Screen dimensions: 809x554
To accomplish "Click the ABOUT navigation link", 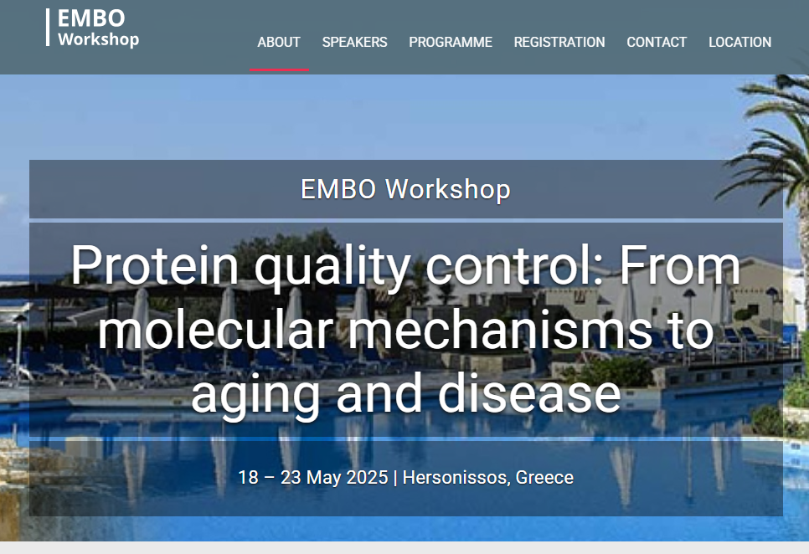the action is tap(279, 42).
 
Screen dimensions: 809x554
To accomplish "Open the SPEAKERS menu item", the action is tap(354, 42).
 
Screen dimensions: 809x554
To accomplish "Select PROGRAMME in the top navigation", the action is tap(451, 42).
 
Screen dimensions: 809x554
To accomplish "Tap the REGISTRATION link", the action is tap(559, 42).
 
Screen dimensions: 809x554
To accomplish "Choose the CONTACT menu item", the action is tap(657, 42).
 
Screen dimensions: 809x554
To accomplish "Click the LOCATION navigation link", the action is tap(739, 42).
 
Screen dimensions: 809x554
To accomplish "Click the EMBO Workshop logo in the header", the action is tap(93, 28).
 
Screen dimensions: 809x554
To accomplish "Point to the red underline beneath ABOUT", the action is tap(279, 69).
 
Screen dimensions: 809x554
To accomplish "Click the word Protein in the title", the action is tap(154, 265).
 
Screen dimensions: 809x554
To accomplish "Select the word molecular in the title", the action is tap(215, 331).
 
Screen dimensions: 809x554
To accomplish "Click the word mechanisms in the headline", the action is tap(500, 331).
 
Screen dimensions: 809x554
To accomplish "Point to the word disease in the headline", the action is tap(529, 393).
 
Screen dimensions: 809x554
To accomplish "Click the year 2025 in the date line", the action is tap(367, 477).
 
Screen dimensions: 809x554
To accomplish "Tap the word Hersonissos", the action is tap(456, 477).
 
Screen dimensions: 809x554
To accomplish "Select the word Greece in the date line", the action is tap(544, 477).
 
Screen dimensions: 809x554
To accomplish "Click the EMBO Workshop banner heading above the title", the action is tap(405, 189).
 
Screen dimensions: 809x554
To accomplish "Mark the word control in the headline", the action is tap(514, 265).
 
